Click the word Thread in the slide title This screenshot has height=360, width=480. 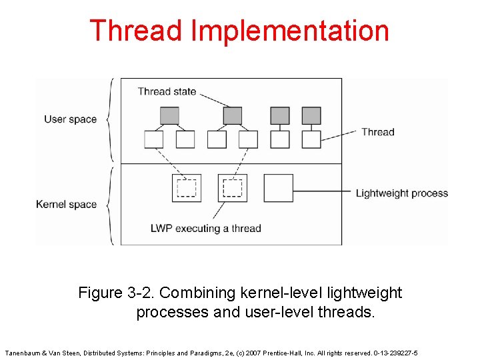click(136, 31)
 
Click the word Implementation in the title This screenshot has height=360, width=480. click(289, 32)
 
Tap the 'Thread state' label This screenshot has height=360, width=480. click(167, 91)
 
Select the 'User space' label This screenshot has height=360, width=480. click(70, 119)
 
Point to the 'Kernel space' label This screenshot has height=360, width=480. click(66, 204)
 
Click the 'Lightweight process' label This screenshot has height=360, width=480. click(401, 193)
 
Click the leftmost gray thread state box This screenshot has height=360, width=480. click(170, 115)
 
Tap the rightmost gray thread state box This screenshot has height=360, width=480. click(311, 115)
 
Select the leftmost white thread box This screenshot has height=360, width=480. click(154, 139)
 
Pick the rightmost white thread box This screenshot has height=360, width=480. click(311, 139)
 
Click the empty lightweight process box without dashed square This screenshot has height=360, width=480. click(278, 188)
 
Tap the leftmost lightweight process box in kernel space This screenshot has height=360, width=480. click(186, 188)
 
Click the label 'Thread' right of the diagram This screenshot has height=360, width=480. click(377, 132)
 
